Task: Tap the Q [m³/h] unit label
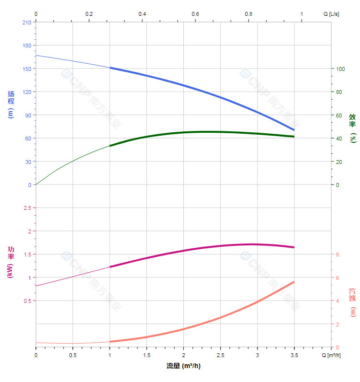331,355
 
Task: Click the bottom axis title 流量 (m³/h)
183,366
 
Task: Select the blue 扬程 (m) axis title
11,104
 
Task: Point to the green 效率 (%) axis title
352,127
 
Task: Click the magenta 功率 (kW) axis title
11,262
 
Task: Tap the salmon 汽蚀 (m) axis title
352,302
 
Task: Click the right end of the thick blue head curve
294,130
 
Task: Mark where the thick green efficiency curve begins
110,146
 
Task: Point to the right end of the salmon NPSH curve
294,282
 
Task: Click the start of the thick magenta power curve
110,267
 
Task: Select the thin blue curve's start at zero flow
36,55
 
